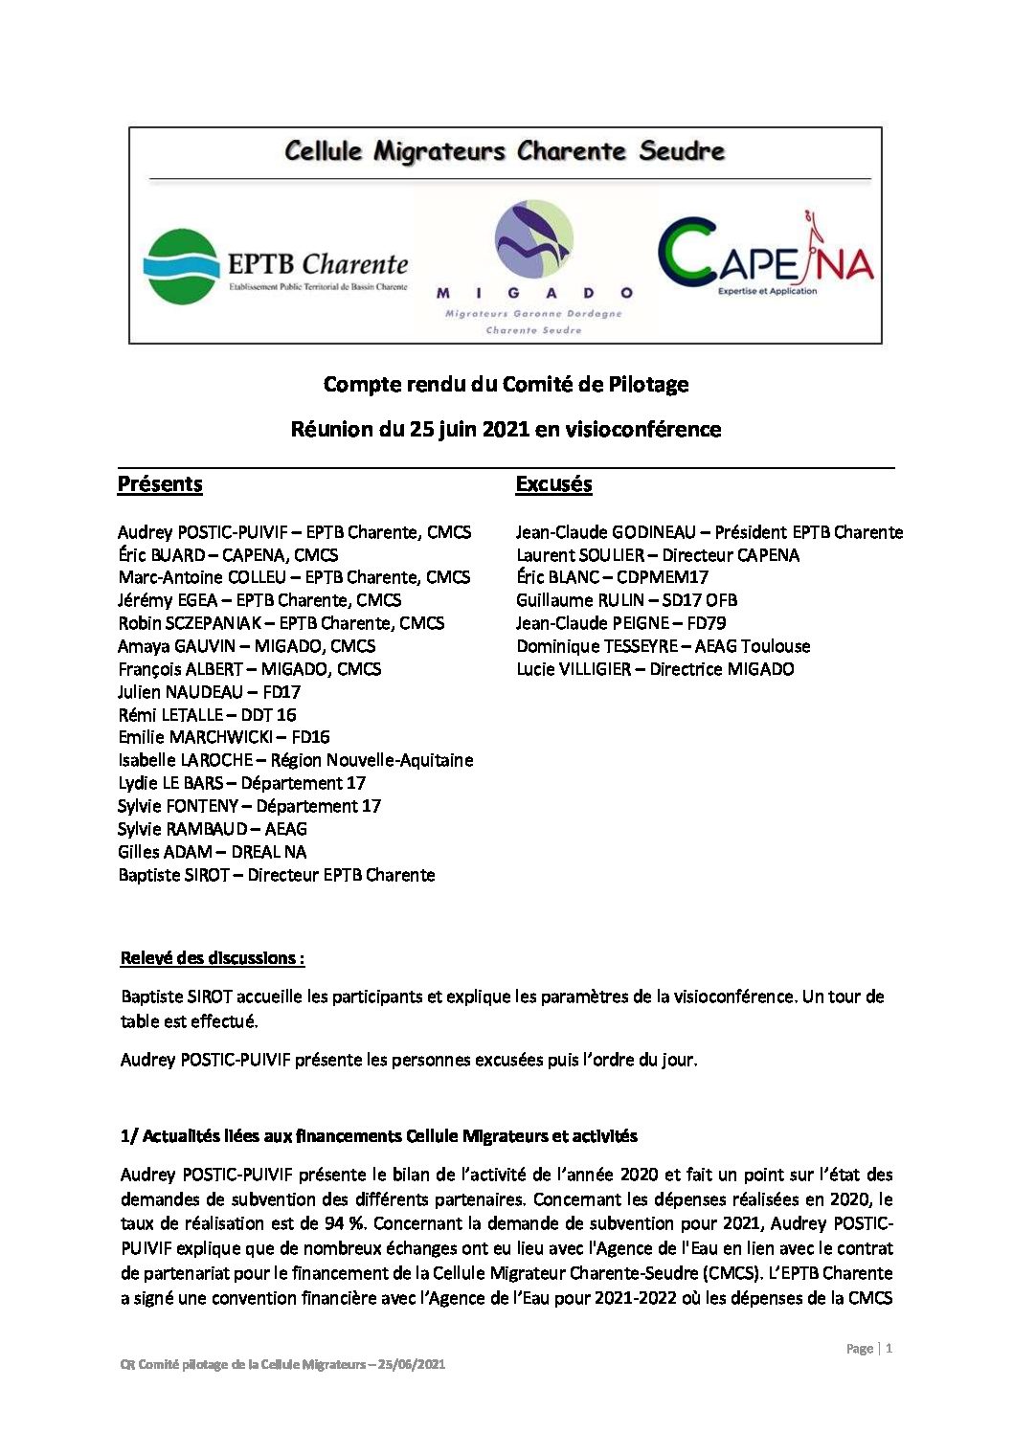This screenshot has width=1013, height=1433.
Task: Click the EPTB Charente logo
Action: click(x=275, y=266)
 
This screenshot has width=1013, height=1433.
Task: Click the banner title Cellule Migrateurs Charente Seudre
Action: click(x=505, y=151)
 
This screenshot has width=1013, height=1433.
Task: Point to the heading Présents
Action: click(x=160, y=484)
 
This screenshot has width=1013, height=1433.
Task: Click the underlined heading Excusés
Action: click(x=553, y=484)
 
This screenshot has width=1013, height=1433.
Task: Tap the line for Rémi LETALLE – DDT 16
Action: click(x=207, y=715)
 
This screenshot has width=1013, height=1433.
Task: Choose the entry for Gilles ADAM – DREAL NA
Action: click(x=212, y=852)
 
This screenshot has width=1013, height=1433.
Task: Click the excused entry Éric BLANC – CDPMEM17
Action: click(x=612, y=577)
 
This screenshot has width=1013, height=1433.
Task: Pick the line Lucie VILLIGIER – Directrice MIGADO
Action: click(x=655, y=669)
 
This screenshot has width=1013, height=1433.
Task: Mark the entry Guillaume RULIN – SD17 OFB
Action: click(x=626, y=600)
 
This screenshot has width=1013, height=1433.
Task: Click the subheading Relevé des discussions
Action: click(x=212, y=958)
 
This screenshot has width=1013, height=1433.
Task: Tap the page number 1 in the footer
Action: click(x=889, y=1349)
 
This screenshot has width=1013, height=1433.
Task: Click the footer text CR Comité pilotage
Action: click(x=282, y=1364)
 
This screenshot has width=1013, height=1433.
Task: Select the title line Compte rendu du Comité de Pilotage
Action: click(x=506, y=385)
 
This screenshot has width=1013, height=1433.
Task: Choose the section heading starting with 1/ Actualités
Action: click(x=378, y=1136)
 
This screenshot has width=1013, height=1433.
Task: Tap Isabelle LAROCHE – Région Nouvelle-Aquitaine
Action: click(x=295, y=760)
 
